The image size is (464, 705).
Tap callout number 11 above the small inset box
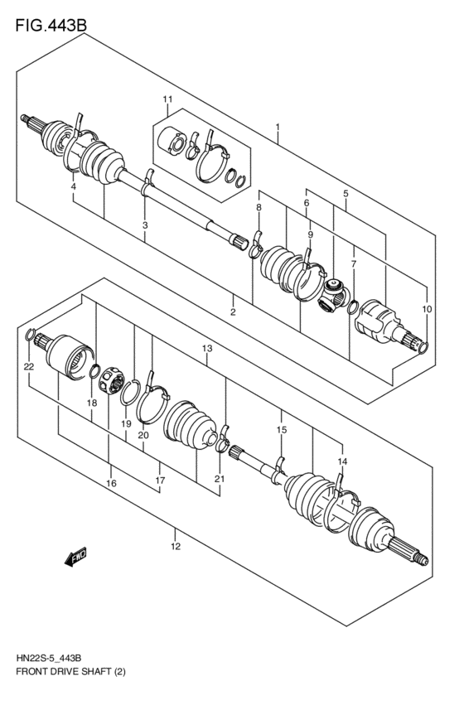click(x=167, y=101)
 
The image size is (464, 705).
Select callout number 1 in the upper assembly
click(x=278, y=128)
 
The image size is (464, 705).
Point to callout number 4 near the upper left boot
click(x=73, y=187)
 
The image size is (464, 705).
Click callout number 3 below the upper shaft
click(x=145, y=225)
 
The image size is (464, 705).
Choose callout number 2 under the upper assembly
click(x=234, y=312)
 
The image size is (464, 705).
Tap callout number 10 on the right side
click(x=427, y=309)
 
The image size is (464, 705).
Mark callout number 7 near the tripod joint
click(x=353, y=264)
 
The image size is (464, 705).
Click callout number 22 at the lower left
click(x=28, y=365)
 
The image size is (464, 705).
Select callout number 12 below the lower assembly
click(x=176, y=546)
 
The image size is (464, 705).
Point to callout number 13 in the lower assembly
click(x=206, y=349)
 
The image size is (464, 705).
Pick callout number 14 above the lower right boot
click(x=342, y=461)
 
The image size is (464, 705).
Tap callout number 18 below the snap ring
click(x=92, y=403)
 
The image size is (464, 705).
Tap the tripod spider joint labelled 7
click(x=333, y=295)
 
